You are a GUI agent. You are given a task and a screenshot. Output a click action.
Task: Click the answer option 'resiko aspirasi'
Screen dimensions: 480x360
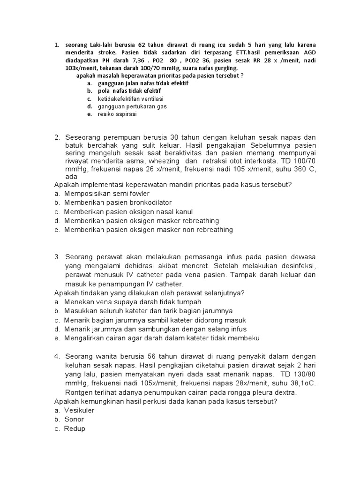click(117, 114)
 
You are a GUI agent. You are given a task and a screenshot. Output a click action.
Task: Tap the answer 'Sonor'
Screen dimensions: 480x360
click(74, 420)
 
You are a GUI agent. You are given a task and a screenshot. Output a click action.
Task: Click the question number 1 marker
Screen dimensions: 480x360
click(57, 45)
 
